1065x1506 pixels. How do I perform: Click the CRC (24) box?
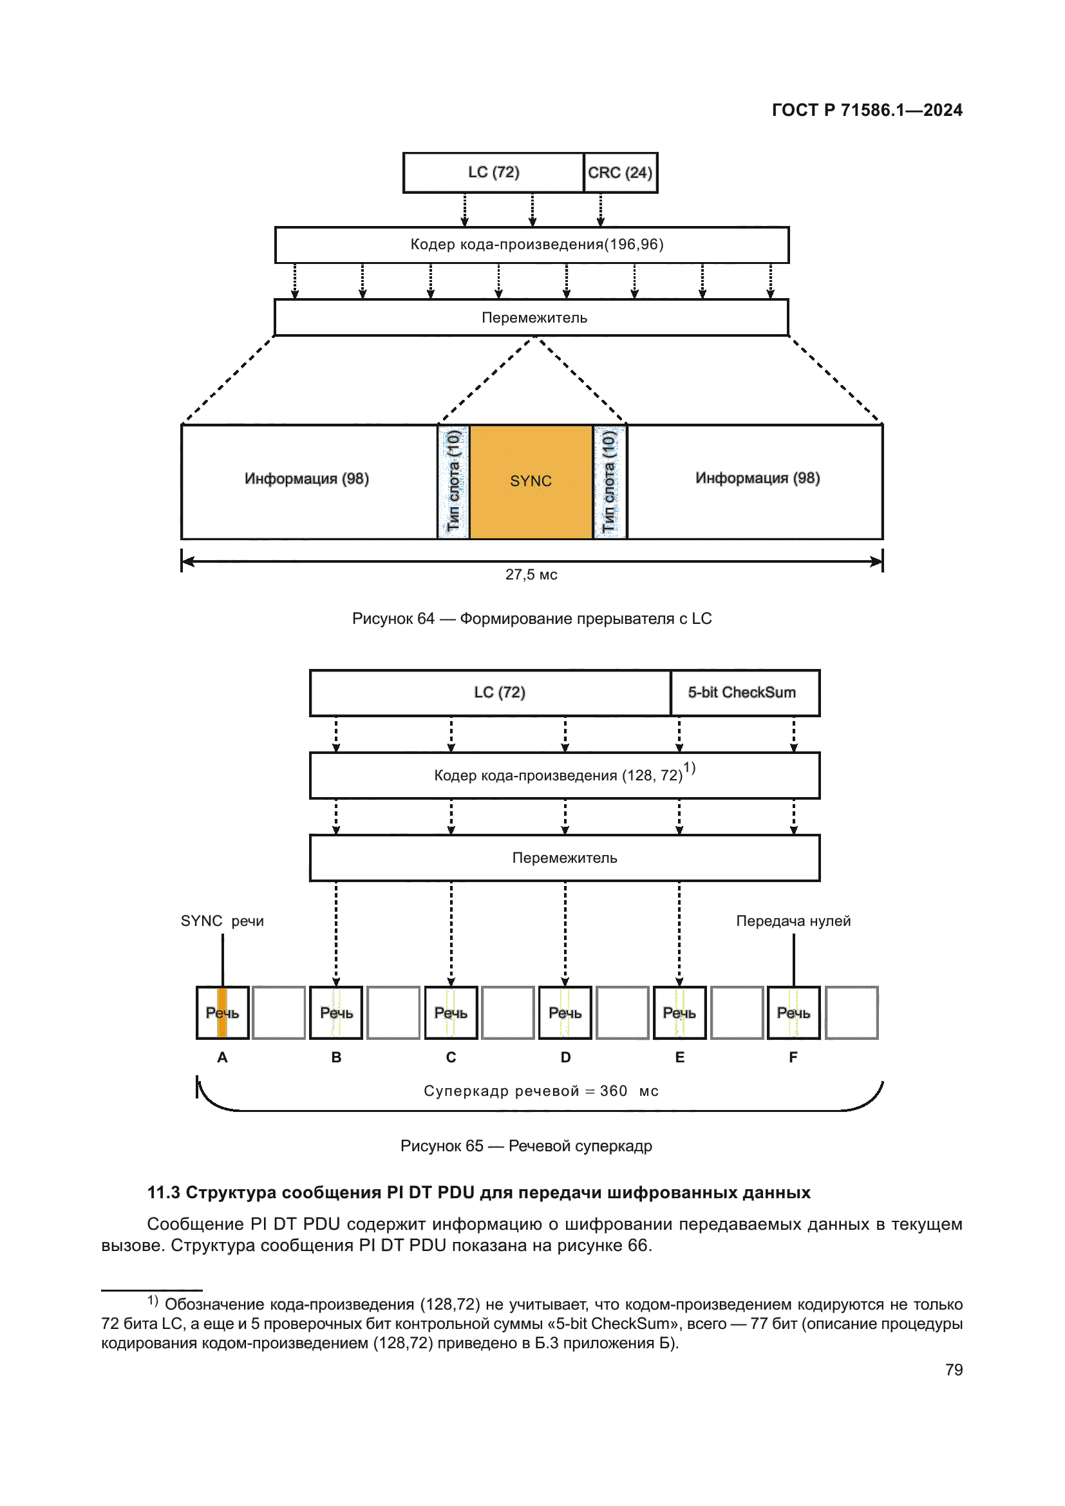(x=619, y=173)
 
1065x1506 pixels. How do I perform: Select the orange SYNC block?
(x=531, y=482)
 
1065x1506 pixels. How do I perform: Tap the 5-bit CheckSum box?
(x=744, y=693)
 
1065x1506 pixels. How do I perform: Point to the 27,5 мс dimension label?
(x=531, y=574)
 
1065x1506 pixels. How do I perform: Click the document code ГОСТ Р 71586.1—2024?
(x=866, y=110)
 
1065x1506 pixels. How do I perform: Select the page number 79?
(x=954, y=1370)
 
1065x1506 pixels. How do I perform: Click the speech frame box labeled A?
(x=222, y=1013)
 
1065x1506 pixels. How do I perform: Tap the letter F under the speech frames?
(x=793, y=1057)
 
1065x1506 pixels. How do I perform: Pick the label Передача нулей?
(x=793, y=921)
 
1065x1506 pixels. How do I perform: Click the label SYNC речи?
(x=222, y=921)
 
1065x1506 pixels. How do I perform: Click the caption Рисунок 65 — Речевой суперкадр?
(x=526, y=1146)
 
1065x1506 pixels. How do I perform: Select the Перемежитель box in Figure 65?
(x=565, y=858)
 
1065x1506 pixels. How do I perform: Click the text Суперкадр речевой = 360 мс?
(x=540, y=1091)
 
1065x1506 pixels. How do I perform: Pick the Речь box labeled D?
(x=565, y=1013)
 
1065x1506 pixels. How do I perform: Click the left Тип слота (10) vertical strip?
(x=453, y=482)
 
